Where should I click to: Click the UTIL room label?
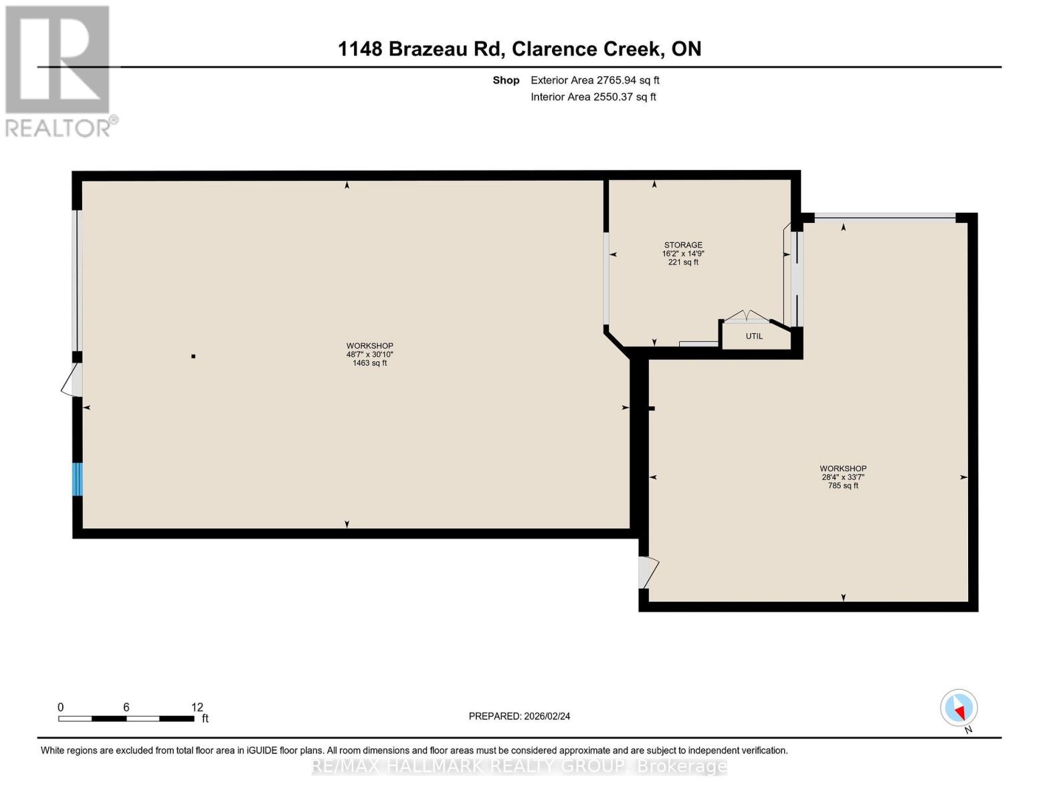click(754, 336)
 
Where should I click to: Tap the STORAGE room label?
click(683, 245)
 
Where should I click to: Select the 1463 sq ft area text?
click(369, 363)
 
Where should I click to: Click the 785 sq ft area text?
click(843, 486)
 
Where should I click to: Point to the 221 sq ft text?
click(683, 262)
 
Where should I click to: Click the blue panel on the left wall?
click(77, 479)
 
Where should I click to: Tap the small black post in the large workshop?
click(193, 356)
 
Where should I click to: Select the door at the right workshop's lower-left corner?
click(648, 572)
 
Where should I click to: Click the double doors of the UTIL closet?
click(747, 317)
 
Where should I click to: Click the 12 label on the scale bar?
click(197, 707)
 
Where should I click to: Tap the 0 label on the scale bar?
click(61, 707)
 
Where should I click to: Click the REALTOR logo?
click(58, 70)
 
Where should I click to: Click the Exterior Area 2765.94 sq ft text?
click(595, 80)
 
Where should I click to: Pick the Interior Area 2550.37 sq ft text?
click(593, 97)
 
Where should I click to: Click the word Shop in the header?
click(506, 80)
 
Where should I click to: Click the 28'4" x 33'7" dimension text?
click(843, 477)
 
